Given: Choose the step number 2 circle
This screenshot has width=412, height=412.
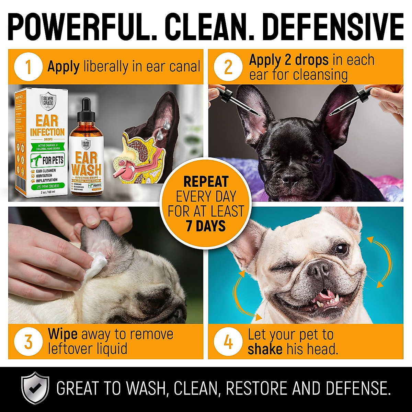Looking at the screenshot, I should (228, 67).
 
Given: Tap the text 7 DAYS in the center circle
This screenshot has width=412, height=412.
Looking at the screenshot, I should (206, 226).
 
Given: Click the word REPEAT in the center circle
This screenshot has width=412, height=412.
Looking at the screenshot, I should (206, 182).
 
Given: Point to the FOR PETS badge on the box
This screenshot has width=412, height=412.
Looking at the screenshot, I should (48, 160).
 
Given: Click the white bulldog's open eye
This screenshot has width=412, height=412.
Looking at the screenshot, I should (341, 249).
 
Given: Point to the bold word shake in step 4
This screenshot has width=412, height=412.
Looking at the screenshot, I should (265, 350).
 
